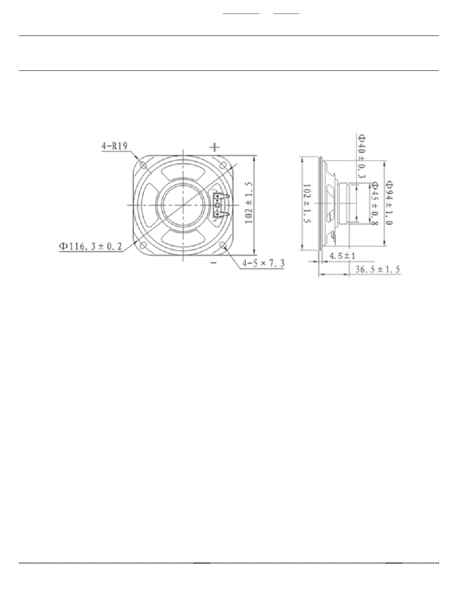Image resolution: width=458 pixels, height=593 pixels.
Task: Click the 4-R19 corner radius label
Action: pos(114,146)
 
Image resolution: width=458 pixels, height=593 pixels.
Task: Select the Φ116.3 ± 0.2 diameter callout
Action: pos(90,246)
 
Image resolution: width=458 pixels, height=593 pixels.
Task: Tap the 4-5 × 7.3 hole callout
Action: pos(263,263)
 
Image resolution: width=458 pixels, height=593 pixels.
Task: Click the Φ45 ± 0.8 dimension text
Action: pos(375,204)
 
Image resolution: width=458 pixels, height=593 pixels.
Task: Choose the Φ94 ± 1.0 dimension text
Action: pos(389,203)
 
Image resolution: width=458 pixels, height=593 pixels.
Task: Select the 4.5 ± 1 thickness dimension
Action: pos(342,256)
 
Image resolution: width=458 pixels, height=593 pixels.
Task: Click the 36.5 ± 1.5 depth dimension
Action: pos(377,269)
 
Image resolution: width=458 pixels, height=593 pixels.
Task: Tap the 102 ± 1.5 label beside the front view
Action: pos(248,202)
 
